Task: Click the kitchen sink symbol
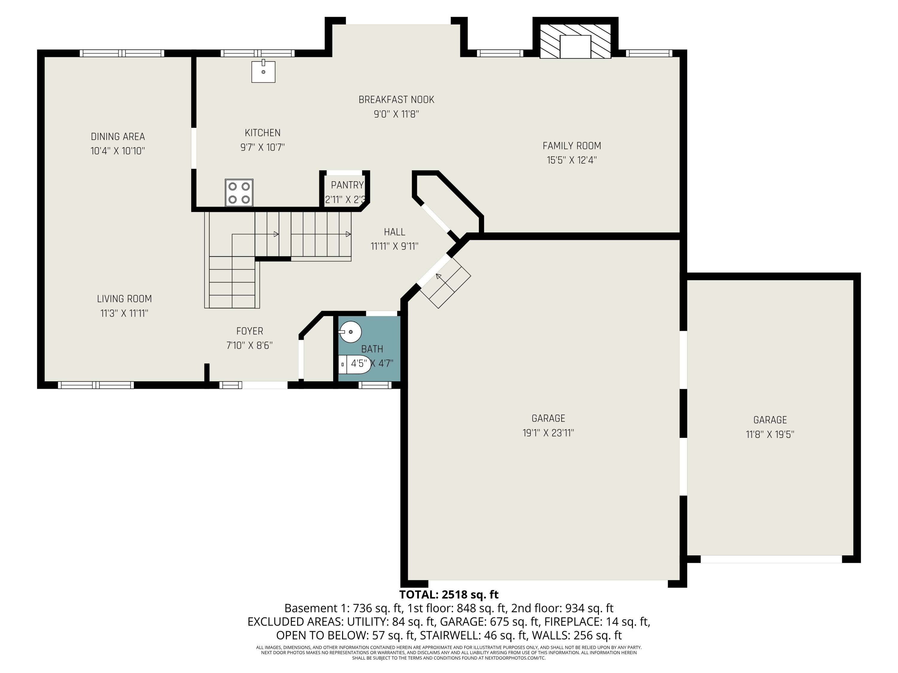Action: pyautogui.click(x=263, y=71)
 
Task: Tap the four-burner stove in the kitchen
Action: pyautogui.click(x=239, y=193)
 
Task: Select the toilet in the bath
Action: pyautogui.click(x=354, y=364)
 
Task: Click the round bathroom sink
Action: pyautogui.click(x=350, y=332)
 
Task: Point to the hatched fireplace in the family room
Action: pyautogui.click(x=575, y=41)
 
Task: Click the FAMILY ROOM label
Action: pyautogui.click(x=572, y=146)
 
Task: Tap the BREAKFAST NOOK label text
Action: pyautogui.click(x=396, y=100)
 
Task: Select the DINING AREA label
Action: pyautogui.click(x=118, y=137)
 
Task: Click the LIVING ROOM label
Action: pyautogui.click(x=124, y=299)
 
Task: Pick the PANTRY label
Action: pyautogui.click(x=347, y=185)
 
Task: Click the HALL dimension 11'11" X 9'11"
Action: pyautogui.click(x=394, y=246)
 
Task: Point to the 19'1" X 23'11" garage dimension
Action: pyautogui.click(x=548, y=433)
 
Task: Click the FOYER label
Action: pyautogui.click(x=250, y=331)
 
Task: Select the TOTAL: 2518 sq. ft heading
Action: pyautogui.click(x=449, y=595)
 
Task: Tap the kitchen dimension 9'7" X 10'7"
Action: pyautogui.click(x=262, y=147)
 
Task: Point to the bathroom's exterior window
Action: pyautogui.click(x=375, y=385)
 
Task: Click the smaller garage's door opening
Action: pyautogui.click(x=771, y=559)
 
